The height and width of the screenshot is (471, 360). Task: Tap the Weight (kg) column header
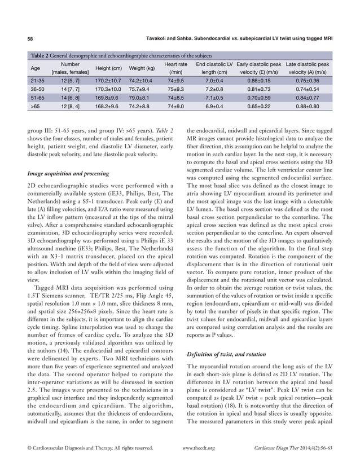pos(142,68)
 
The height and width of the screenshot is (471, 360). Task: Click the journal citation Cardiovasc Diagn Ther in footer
pos(276,448)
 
